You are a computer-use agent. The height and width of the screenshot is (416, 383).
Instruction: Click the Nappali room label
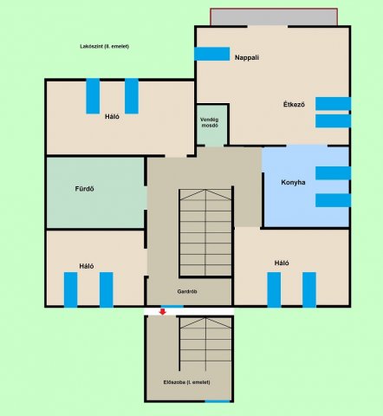(247, 57)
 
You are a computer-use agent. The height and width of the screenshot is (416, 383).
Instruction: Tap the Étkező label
(294, 104)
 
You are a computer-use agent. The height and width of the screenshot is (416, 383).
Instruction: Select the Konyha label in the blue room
(293, 182)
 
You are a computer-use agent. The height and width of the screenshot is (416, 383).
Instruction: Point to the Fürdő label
(84, 189)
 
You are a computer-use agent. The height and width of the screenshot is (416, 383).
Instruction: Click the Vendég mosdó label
(210, 122)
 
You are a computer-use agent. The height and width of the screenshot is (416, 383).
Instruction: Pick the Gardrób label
(187, 291)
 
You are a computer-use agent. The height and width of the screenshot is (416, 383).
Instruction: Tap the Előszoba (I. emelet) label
(186, 382)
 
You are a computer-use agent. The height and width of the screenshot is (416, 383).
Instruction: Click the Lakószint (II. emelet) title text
(104, 46)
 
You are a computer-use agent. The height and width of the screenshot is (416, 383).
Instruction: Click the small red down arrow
(163, 312)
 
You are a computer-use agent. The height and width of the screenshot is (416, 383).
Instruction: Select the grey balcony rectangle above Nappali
(274, 17)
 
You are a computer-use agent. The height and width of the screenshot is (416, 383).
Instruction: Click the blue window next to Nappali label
(212, 54)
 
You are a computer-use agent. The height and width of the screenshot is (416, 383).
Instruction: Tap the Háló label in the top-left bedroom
(112, 117)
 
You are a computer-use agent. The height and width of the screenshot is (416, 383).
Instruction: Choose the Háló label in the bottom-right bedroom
(282, 263)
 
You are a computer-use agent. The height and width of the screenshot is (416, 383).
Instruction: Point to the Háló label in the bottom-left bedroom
(87, 266)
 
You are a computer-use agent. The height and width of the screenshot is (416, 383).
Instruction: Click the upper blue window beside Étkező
(334, 104)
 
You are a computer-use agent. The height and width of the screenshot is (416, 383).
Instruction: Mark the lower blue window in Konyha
(334, 200)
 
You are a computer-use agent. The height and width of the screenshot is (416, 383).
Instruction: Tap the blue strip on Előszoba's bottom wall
(217, 401)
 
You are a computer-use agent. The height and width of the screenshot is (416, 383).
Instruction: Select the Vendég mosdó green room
(212, 125)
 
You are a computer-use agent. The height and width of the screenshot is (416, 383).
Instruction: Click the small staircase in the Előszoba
(205, 344)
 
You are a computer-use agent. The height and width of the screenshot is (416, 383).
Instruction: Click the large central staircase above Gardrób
(205, 232)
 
